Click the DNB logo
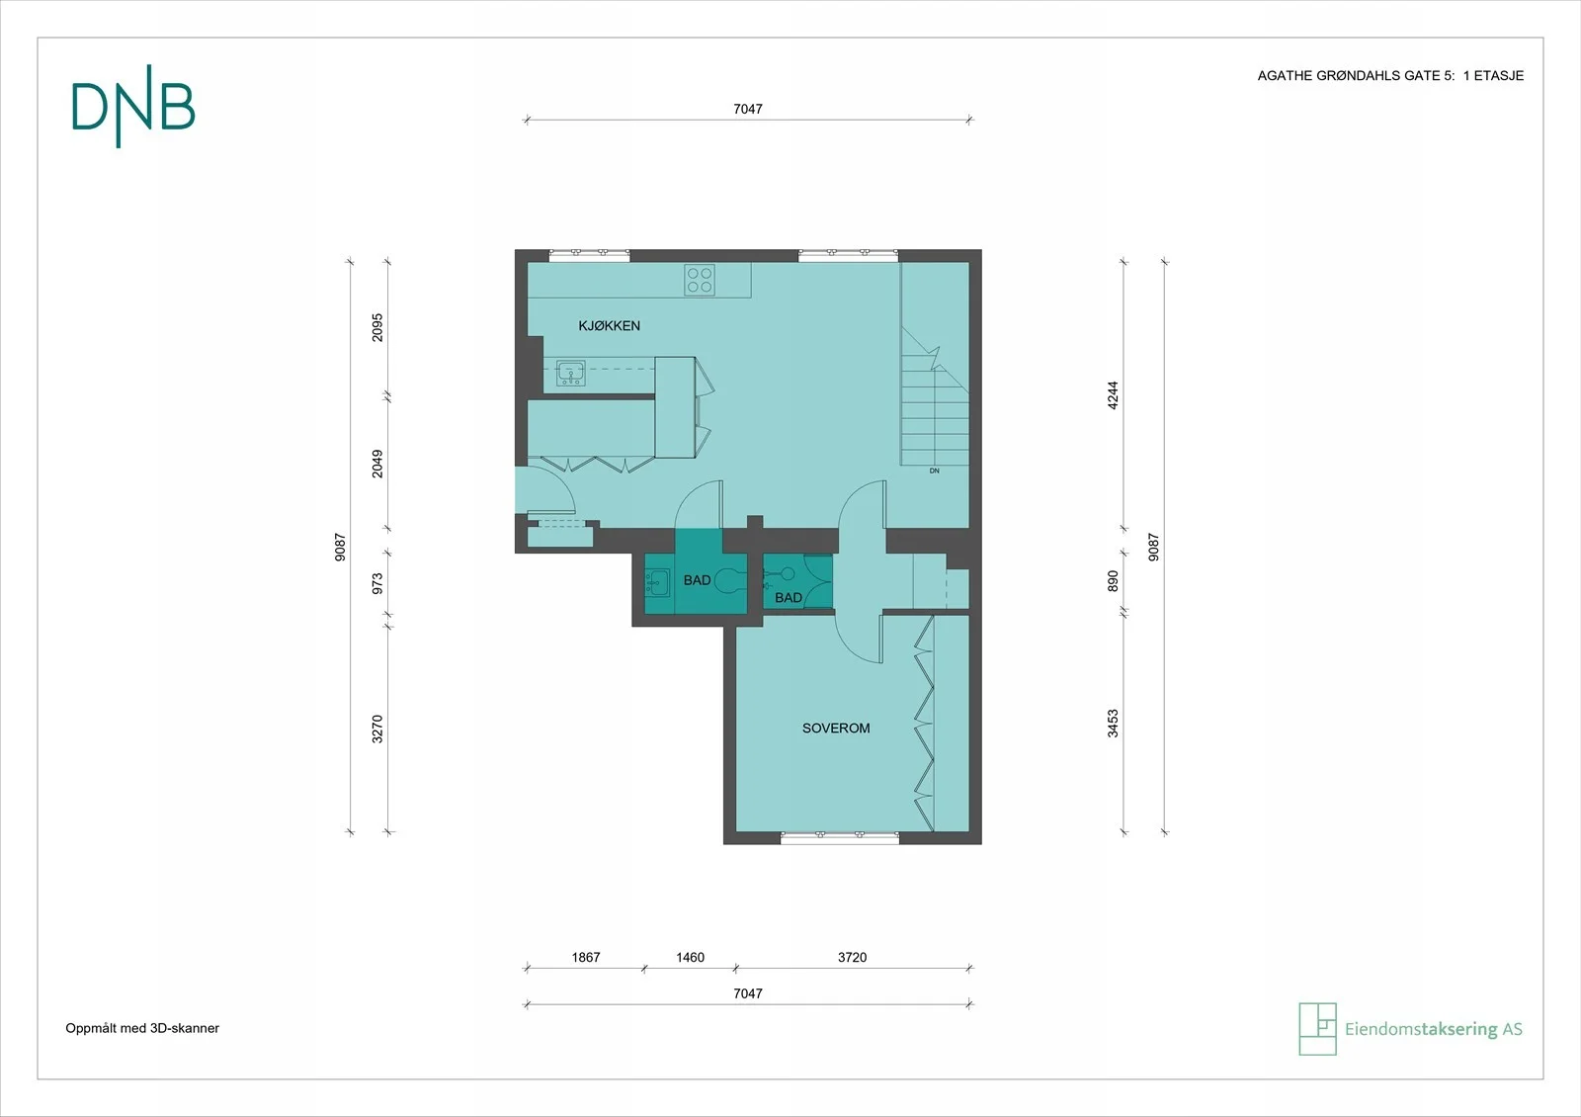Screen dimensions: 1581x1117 coord(132,107)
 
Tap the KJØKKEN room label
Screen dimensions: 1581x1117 coord(609,325)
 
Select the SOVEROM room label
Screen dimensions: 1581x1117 coord(836,728)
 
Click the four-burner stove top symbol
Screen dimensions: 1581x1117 coord(700,280)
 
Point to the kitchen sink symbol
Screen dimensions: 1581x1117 coord(570,372)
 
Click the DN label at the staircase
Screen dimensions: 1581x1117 coord(934,471)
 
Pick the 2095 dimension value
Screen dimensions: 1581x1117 coord(377,327)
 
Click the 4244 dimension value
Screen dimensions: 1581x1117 coord(1113,395)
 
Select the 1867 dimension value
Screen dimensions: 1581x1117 coord(586,958)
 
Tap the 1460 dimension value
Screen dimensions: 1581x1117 coord(690,958)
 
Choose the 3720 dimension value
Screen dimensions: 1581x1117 coord(852,958)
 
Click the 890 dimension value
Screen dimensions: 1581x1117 coord(1113,581)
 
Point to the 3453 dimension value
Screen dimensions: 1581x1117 coord(1113,724)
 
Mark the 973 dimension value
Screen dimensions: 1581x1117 coord(377,583)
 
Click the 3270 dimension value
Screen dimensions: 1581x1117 coord(377,729)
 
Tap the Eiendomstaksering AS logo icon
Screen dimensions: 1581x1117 coord(1318,1029)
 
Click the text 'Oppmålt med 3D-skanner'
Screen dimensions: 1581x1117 coord(142,1028)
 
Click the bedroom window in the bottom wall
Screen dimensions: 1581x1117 coord(840,838)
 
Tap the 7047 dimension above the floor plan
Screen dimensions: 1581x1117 coord(747,109)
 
